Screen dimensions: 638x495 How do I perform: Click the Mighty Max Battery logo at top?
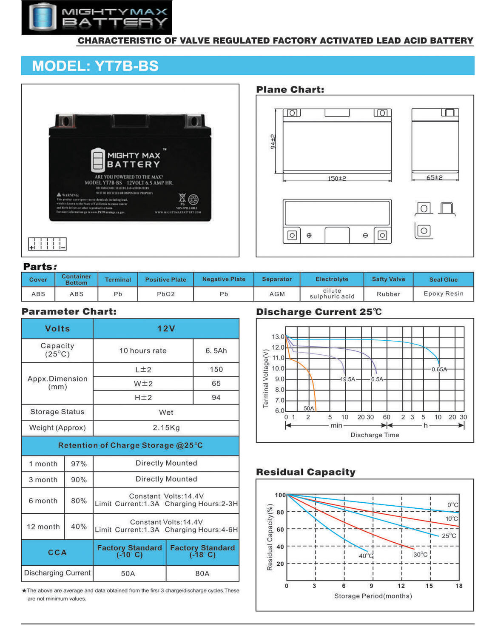(97, 17)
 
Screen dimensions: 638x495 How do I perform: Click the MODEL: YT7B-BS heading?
(95, 66)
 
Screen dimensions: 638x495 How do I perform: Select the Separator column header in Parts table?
(277, 279)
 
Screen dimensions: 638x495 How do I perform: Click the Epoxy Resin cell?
(444, 293)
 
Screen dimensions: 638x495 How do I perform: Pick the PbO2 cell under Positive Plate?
(166, 294)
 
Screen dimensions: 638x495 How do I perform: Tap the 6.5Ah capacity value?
(216, 350)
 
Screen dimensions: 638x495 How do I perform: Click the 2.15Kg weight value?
(166, 427)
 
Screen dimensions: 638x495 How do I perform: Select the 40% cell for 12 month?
(79, 527)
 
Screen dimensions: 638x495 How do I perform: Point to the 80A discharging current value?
(202, 573)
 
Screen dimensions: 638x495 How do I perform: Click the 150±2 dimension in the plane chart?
(337, 178)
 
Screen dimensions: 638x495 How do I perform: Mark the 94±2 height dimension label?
(273, 141)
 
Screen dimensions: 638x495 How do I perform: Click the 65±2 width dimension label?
(435, 177)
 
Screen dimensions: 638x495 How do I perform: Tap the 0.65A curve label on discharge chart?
(439, 369)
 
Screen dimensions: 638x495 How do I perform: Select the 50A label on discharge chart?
(309, 408)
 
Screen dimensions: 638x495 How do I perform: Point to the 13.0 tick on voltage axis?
(278, 336)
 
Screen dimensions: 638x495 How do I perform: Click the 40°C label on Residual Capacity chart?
(366, 555)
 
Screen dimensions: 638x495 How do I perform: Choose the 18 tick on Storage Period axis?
(459, 586)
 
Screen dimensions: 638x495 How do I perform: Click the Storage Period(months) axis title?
(373, 596)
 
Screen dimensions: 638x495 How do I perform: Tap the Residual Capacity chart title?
(305, 472)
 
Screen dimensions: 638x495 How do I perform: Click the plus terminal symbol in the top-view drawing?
(309, 235)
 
